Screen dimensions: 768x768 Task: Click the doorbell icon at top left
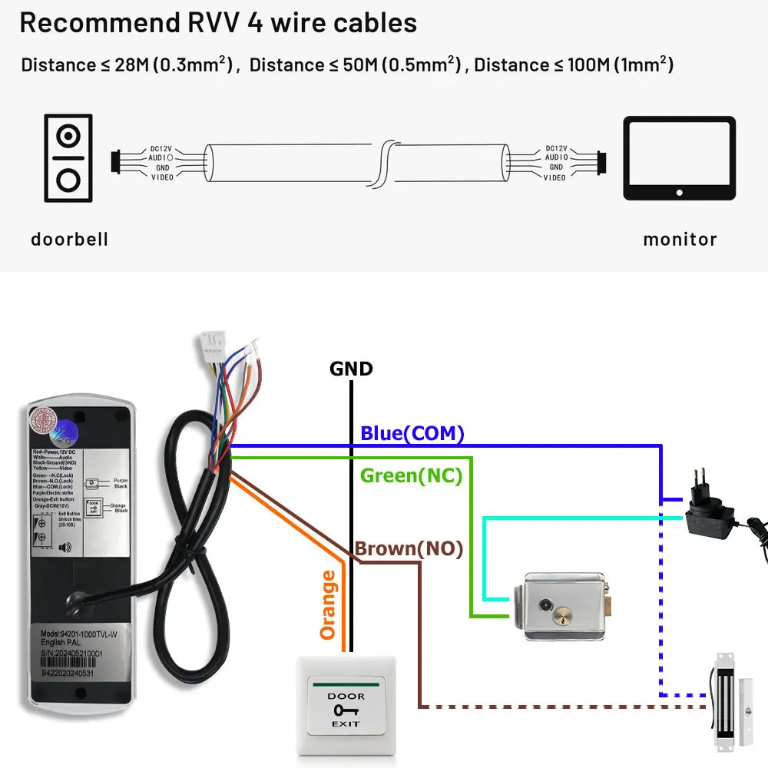[x=68, y=158]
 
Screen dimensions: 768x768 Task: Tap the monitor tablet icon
[x=679, y=158]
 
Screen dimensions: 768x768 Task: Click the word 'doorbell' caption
[x=69, y=240]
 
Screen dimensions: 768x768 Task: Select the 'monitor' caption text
[x=680, y=240]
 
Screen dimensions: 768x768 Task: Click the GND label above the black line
[x=351, y=369]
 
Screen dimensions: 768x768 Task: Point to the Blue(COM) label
[x=412, y=434]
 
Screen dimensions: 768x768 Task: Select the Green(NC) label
[x=411, y=476]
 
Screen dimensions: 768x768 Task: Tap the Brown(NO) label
[x=409, y=549]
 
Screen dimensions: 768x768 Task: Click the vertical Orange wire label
[x=328, y=604]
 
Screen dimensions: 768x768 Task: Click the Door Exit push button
[x=346, y=703]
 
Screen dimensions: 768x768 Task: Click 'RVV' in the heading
[x=210, y=22]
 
